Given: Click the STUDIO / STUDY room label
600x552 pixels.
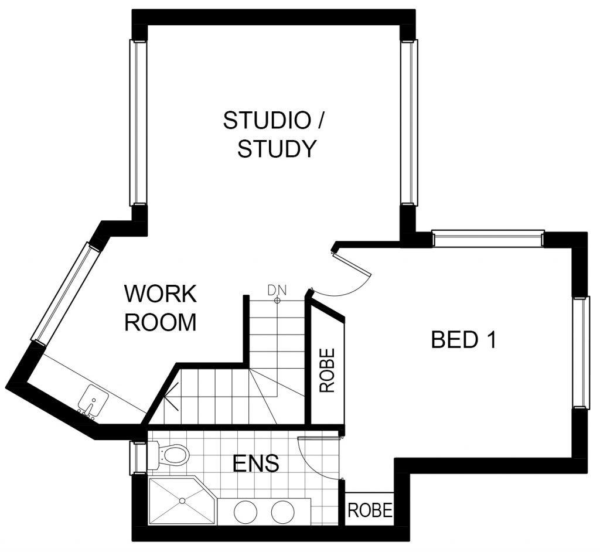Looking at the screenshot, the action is coord(274,134).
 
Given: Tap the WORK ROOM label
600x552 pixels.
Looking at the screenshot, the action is coord(161,308).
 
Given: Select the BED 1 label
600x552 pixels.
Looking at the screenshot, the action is coord(463,339).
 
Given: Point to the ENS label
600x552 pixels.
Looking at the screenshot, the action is coord(255,463).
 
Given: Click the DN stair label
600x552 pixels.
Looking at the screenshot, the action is coord(277,291).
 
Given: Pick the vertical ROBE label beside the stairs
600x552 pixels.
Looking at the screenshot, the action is coord(327,370).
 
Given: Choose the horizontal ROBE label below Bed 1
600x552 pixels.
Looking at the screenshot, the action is coord(370,510).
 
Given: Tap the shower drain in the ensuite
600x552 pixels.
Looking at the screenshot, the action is coord(183,500).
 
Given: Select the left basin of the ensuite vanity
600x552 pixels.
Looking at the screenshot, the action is coord(246,512).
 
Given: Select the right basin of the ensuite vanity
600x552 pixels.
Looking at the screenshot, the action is coord(283,512).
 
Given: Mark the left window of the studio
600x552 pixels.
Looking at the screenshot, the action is coord(138,122).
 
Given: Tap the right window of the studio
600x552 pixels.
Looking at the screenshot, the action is coord(408,122).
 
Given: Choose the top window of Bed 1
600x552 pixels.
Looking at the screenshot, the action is coord(488,238).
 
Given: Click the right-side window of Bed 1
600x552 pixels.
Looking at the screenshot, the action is coord(580,352).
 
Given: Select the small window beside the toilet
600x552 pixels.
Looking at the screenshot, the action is coord(138,458).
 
